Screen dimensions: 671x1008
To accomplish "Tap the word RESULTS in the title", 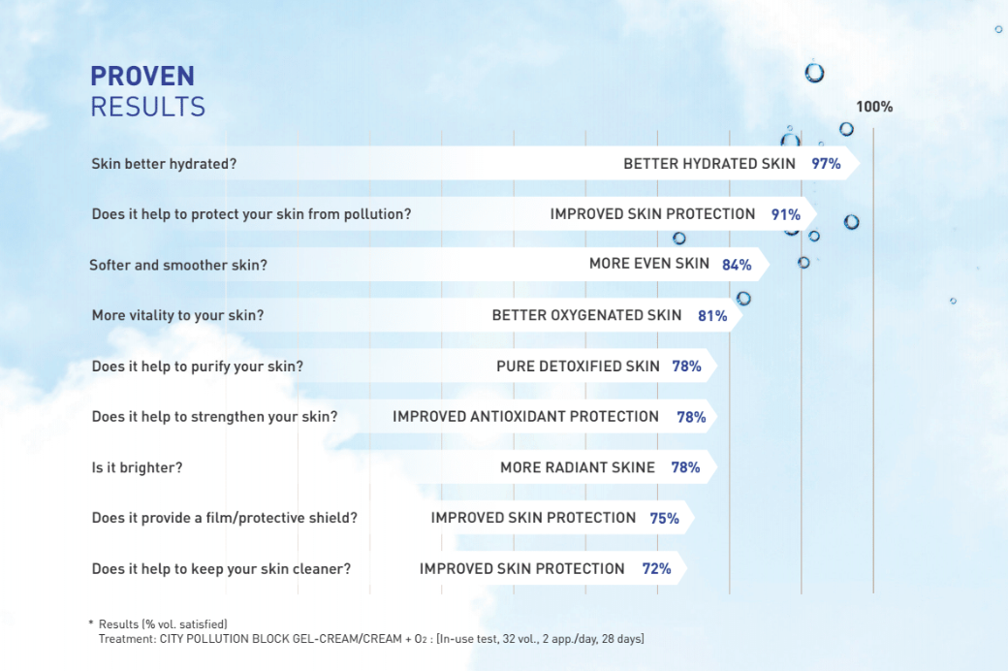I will (x=147, y=107).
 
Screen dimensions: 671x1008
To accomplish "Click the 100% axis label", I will (x=873, y=107).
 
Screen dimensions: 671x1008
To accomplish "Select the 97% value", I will (x=826, y=164).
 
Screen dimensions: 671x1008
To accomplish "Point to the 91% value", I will (x=785, y=214).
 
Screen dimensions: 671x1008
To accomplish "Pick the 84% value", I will (x=737, y=265).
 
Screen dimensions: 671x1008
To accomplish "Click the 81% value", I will (x=712, y=316).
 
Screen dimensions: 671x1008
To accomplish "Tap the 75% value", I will (x=664, y=519).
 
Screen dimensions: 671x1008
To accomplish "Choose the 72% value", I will (x=656, y=569).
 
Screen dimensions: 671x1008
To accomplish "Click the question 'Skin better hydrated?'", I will (x=164, y=164).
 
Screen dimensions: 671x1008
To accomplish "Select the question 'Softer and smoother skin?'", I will (x=178, y=265).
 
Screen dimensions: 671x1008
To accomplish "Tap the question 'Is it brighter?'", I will (x=137, y=467).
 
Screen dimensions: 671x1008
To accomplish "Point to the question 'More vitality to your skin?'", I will (x=177, y=315).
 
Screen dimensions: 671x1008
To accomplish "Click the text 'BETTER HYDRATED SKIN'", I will (x=709, y=164).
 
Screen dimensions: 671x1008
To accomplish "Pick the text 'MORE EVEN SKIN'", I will (x=648, y=264).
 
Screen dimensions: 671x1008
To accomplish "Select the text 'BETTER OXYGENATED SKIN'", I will (x=587, y=315).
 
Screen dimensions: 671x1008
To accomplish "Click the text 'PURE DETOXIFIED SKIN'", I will (x=578, y=367).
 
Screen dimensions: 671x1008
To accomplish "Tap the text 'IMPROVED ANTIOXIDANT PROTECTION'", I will (x=525, y=417).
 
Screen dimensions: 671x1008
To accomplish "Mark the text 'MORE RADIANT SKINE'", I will (x=578, y=467).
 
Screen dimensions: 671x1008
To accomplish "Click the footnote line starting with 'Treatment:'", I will (x=371, y=639).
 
